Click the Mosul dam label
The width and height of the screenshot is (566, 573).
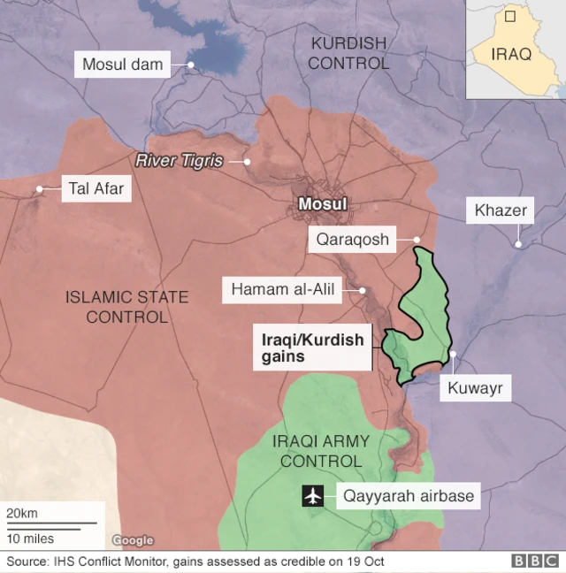click(123, 64)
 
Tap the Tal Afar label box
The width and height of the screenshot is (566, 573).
click(96, 188)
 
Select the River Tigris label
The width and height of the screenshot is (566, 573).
click(178, 161)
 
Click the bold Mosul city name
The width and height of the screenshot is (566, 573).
click(322, 205)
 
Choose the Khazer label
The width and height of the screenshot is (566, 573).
click(501, 210)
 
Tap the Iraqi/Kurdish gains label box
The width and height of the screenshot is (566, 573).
click(309, 347)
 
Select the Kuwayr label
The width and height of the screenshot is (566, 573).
click(478, 386)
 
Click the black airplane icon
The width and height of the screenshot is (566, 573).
click(313, 496)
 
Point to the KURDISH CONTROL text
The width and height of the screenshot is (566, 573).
click(348, 53)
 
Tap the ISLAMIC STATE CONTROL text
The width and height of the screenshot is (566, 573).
click(127, 307)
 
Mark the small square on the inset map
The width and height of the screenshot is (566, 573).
click(510, 16)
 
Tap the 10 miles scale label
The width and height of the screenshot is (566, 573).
click(31, 539)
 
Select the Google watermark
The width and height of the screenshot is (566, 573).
click(133, 540)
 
